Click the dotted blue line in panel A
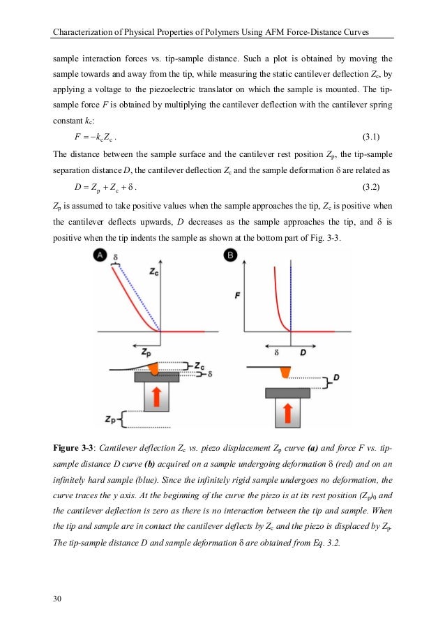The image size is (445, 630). pyautogui.click(x=138, y=297)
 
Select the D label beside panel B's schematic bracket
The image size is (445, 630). pyautogui.click(x=336, y=377)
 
